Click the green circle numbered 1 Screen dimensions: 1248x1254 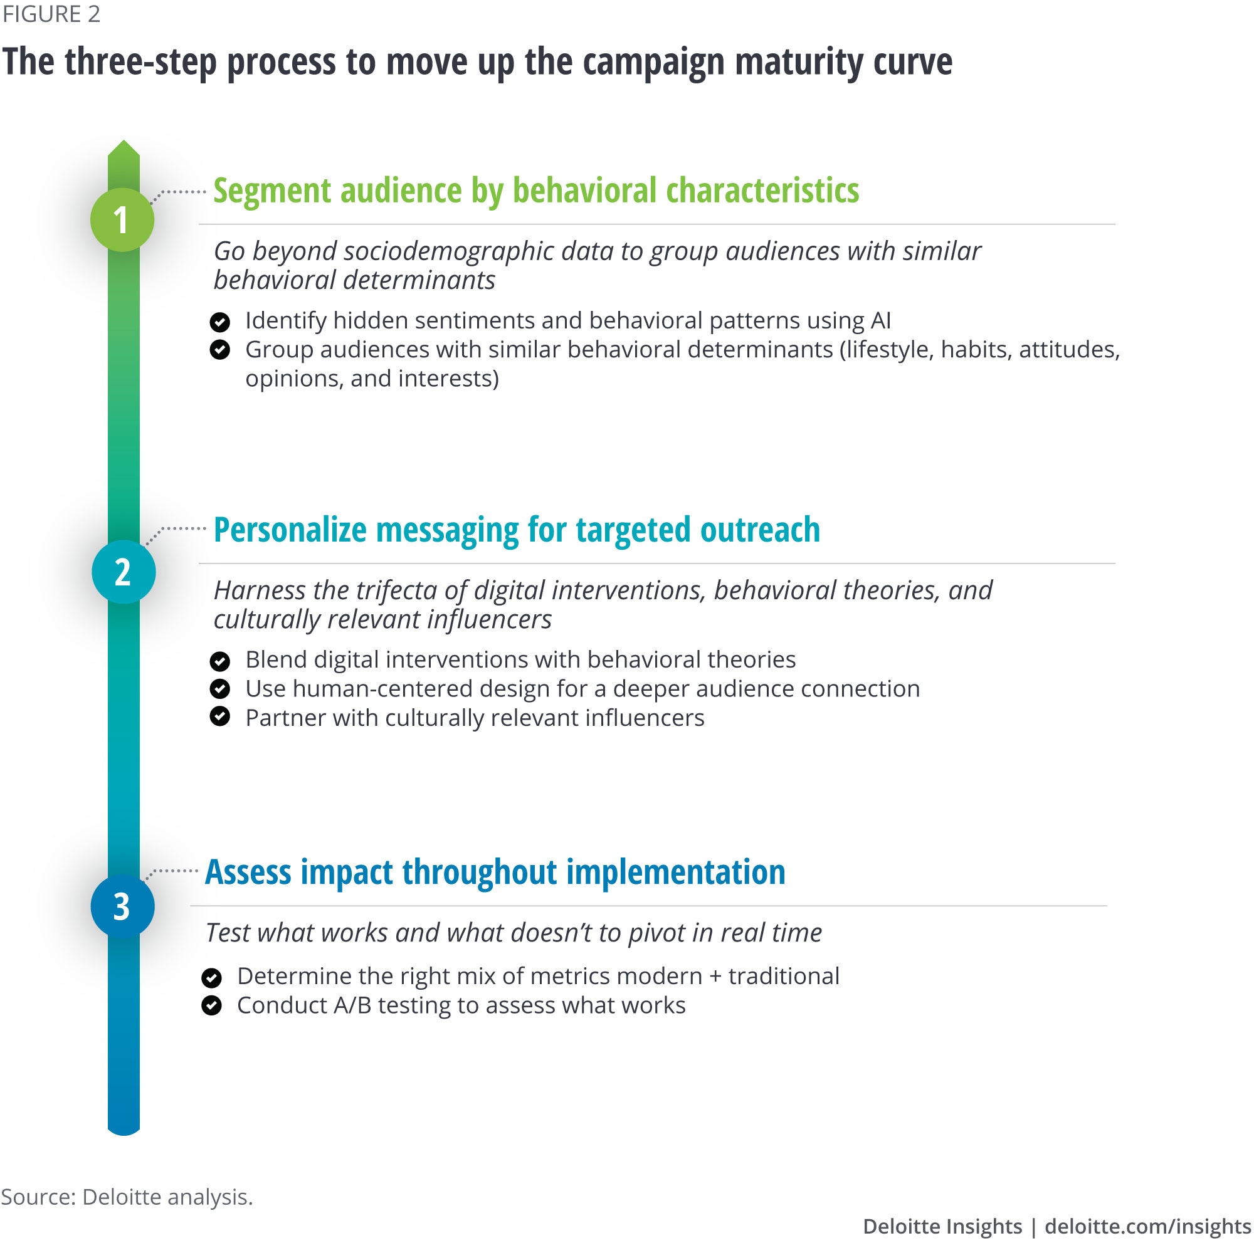[122, 219]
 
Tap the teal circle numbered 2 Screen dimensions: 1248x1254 [124, 572]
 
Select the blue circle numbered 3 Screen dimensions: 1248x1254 [122, 906]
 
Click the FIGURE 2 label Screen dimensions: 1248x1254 [51, 14]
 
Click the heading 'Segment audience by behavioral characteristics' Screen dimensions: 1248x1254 [535, 191]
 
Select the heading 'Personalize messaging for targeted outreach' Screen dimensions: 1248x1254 [516, 530]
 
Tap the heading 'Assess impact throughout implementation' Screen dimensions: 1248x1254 [495, 871]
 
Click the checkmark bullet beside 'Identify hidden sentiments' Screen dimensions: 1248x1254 [220, 322]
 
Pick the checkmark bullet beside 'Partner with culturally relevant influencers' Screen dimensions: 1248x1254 [220, 716]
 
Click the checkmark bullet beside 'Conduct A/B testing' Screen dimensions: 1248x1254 [211, 1005]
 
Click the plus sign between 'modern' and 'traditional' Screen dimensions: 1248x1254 [715, 977]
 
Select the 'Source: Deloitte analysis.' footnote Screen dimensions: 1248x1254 [127, 1196]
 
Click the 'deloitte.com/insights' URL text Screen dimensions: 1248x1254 [1147, 1226]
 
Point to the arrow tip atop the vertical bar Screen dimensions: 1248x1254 [124, 144]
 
